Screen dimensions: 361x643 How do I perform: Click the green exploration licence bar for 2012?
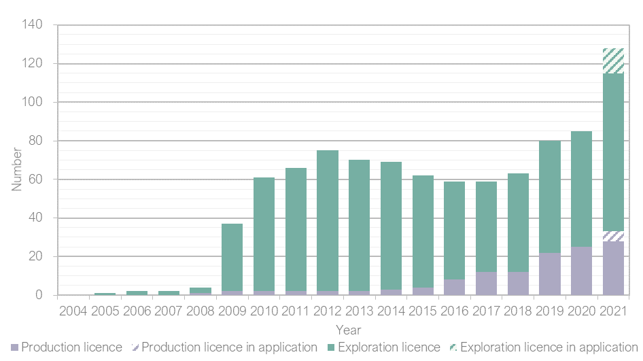click(x=328, y=221)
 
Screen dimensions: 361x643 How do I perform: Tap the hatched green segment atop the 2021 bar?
click(x=613, y=61)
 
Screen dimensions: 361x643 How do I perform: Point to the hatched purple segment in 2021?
click(x=613, y=236)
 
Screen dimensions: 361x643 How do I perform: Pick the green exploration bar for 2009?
click(x=232, y=258)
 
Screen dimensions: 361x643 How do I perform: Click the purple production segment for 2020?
click(x=581, y=271)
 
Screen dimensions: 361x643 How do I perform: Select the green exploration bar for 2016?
click(x=454, y=230)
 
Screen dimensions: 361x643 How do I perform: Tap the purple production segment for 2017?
click(x=486, y=283)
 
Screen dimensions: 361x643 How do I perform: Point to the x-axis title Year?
click(x=347, y=329)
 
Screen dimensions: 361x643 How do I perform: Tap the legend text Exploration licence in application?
click(x=549, y=347)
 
